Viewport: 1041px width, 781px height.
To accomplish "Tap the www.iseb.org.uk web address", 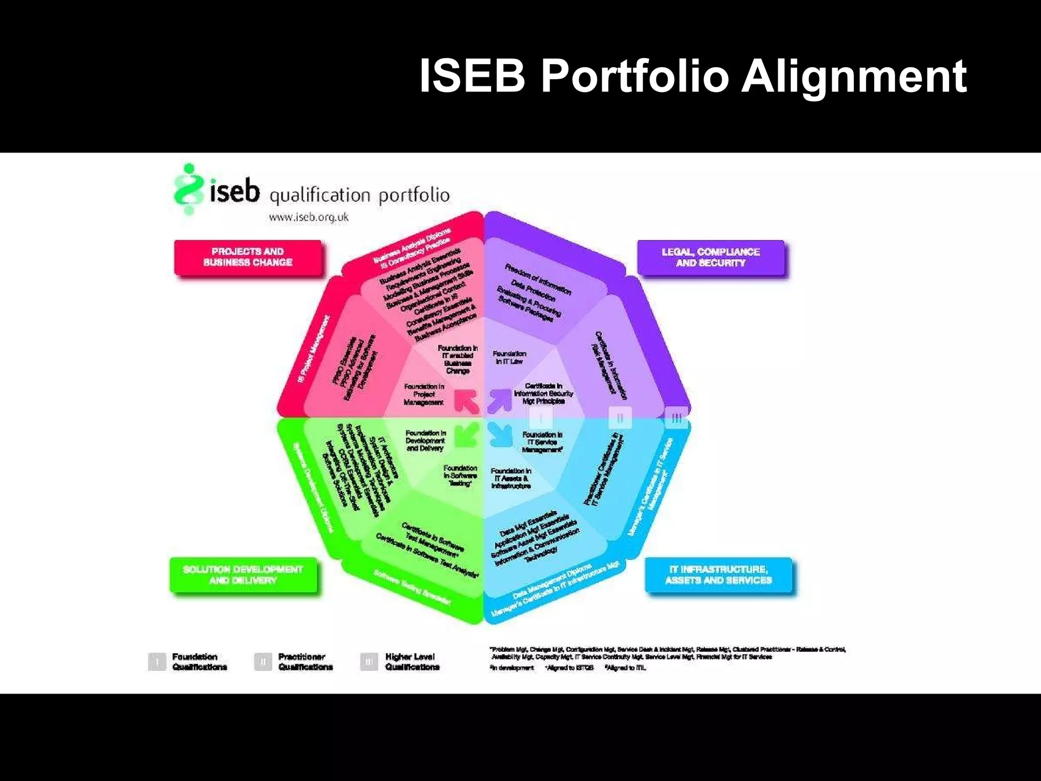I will coord(309,217).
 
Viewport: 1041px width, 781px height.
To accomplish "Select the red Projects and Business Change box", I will coord(248,257).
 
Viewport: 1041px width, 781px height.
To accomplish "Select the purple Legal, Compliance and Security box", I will coord(711,258).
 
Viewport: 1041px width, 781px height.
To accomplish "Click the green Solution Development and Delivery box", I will coord(243,575).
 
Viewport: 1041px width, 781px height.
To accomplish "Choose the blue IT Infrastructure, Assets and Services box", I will coord(718,575).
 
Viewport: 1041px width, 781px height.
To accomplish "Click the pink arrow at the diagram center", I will coord(467,401).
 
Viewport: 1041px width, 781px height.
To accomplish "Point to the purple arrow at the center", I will coord(500,400).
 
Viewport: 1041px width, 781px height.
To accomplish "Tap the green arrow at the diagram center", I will coord(467,435).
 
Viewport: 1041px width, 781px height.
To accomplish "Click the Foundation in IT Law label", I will coord(509,357).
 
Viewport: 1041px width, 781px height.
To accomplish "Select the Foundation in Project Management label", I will coord(424,395).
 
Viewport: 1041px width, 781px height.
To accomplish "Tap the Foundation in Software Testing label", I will coord(460,475).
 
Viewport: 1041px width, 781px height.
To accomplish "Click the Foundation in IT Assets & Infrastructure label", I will coord(511,478).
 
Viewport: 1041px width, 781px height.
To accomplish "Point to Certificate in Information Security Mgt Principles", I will coord(543,394).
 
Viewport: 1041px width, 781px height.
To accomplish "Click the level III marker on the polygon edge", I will coord(676,418).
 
